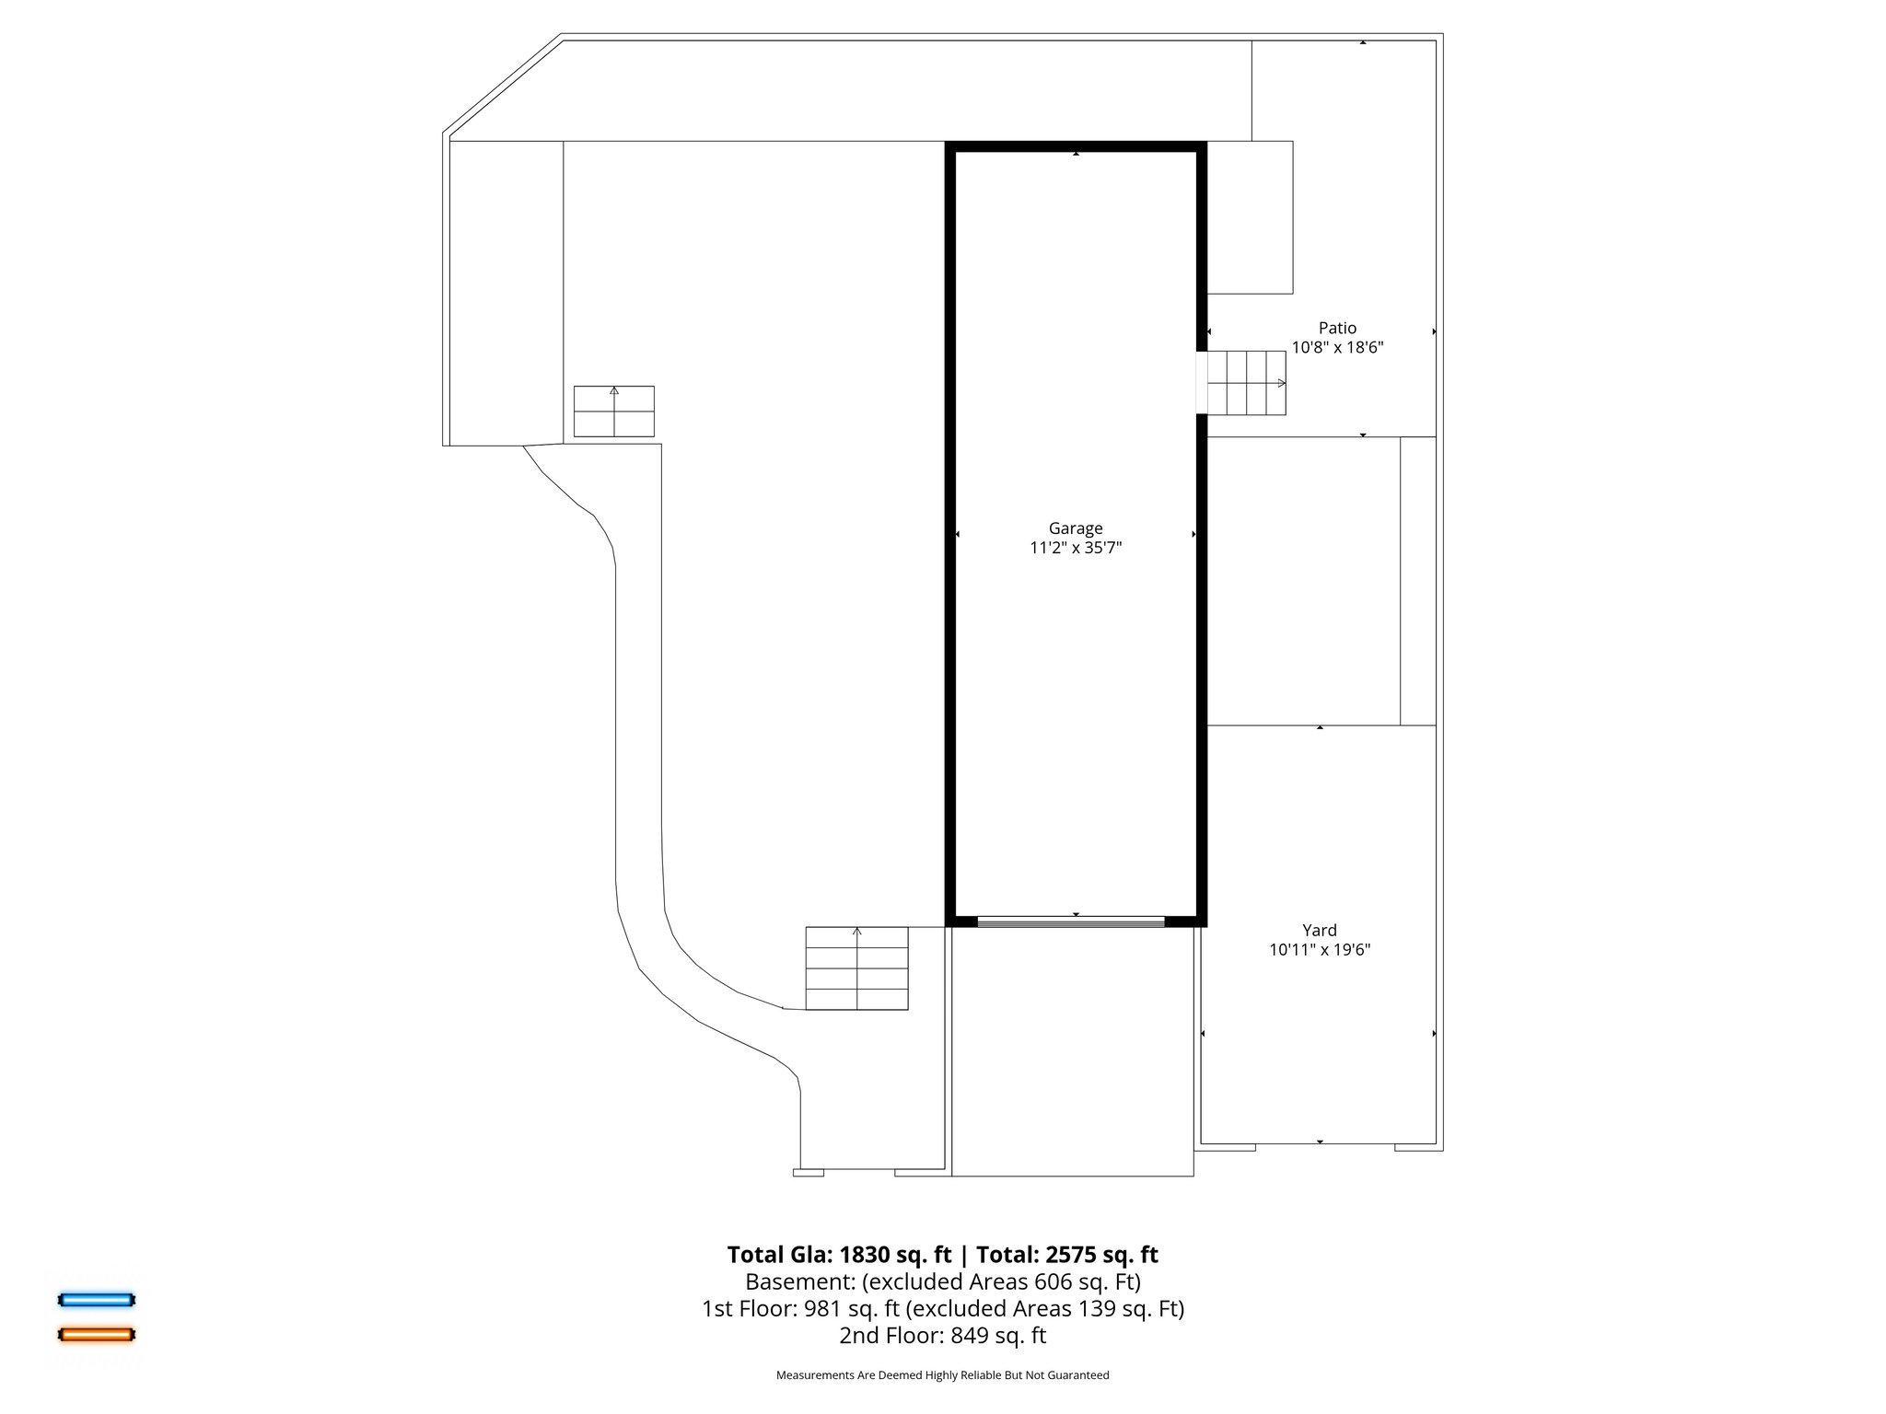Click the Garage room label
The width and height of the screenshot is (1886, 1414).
1075,528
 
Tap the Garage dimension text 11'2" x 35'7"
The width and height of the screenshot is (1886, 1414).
1075,549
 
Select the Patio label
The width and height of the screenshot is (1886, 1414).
1337,328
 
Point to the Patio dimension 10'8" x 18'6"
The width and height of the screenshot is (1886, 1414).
1337,348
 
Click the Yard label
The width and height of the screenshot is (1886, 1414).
1319,930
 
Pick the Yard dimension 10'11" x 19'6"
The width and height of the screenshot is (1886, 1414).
1319,950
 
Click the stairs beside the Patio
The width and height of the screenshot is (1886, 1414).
1246,383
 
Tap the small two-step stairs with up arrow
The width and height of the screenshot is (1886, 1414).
613,411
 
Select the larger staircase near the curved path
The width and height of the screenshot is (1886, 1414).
856,968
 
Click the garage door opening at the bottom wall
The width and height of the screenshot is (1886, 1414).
1071,921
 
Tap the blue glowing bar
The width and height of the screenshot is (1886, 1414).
97,1300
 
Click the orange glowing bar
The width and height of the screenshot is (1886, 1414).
97,1334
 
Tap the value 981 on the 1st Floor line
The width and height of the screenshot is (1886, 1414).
821,1308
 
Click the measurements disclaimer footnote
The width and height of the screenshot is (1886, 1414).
942,1375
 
